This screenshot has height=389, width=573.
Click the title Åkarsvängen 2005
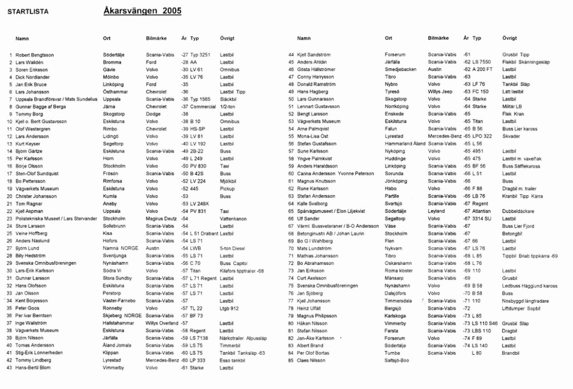(142, 11)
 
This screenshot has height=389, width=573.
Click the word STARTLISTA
(28, 11)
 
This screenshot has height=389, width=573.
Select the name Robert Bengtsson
(35, 55)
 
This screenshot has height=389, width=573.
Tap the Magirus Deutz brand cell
(161, 218)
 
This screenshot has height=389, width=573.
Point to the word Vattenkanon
(233, 218)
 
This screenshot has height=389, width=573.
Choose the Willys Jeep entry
(440, 92)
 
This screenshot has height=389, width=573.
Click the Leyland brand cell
(436, 211)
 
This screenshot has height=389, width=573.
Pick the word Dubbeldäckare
(518, 211)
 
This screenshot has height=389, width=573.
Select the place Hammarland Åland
(405, 144)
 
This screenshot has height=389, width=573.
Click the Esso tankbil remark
(232, 360)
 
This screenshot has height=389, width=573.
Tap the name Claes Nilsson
(311, 360)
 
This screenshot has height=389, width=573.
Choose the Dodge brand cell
(153, 114)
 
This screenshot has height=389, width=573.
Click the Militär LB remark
(512, 106)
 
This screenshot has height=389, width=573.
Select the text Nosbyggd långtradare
(525, 301)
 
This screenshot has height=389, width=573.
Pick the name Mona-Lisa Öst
(313, 137)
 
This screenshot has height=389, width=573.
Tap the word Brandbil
(511, 353)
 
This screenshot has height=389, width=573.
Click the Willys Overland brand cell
(162, 323)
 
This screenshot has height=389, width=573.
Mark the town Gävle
(109, 70)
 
